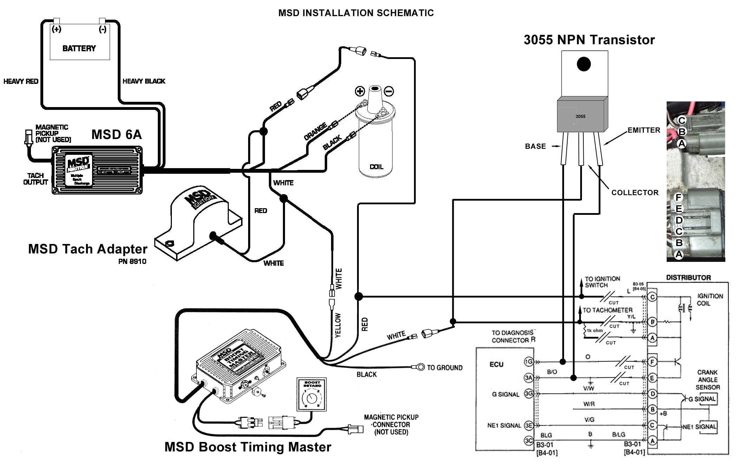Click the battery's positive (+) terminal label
point(57,29)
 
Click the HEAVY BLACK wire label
point(144,81)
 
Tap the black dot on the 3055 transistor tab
point(584,64)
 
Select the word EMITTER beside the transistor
point(644,130)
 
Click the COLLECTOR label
point(635,193)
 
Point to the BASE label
point(535,146)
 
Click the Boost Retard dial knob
point(311,398)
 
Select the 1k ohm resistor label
point(595,330)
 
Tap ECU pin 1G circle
point(529,362)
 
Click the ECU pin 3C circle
point(529,441)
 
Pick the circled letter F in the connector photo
point(679,198)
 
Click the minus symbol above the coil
point(389,92)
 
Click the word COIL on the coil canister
point(376,167)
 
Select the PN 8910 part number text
point(132,262)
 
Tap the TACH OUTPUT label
point(35,179)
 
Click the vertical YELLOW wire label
point(338,325)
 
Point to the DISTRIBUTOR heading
point(688,278)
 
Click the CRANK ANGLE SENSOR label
point(707,379)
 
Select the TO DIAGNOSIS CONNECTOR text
point(513,336)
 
